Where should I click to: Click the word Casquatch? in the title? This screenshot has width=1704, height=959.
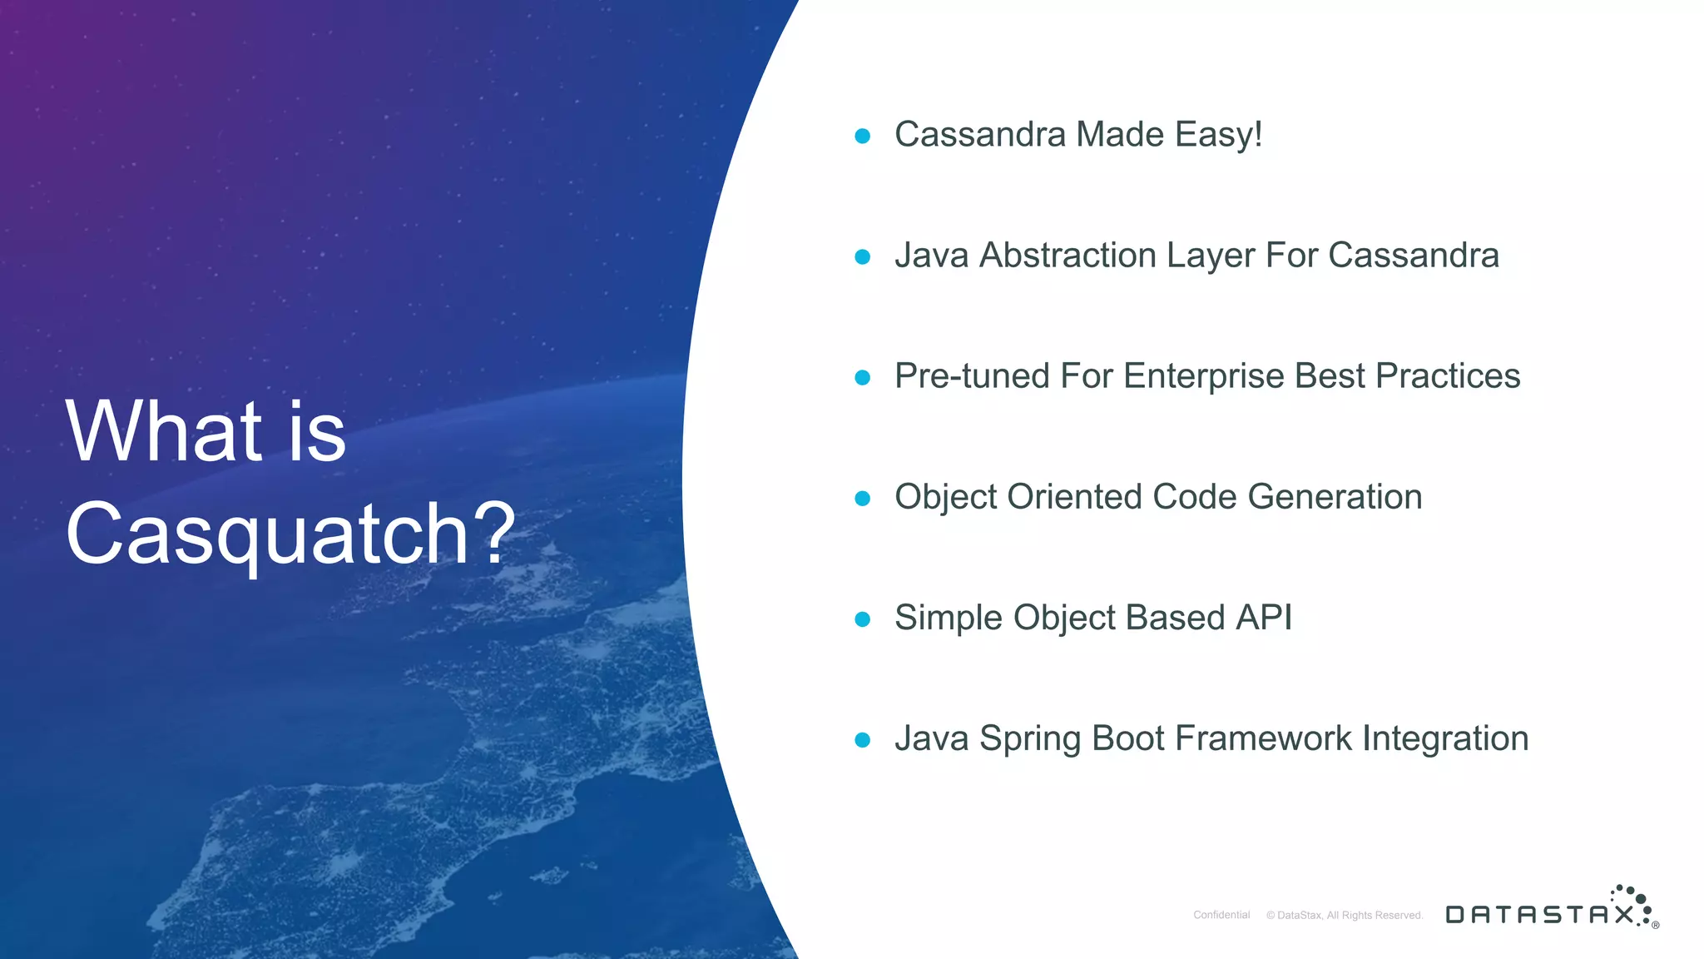coord(290,534)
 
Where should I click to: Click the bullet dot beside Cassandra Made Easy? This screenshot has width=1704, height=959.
coord(863,136)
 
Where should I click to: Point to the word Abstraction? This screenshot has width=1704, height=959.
coord(1067,256)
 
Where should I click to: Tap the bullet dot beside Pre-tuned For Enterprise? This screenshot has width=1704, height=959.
coord(863,377)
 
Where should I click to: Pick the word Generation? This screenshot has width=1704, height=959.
coord(1335,497)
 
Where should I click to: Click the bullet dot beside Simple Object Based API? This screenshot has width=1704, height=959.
coord(863,619)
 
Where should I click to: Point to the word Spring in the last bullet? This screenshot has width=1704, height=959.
coord(1029,739)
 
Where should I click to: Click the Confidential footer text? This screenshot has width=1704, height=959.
coord(1221,915)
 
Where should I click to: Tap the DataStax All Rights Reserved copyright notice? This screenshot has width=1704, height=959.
coord(1345,915)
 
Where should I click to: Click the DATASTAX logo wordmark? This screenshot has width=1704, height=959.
coord(1539,915)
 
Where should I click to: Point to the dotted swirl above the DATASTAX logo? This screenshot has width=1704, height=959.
coord(1632,900)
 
